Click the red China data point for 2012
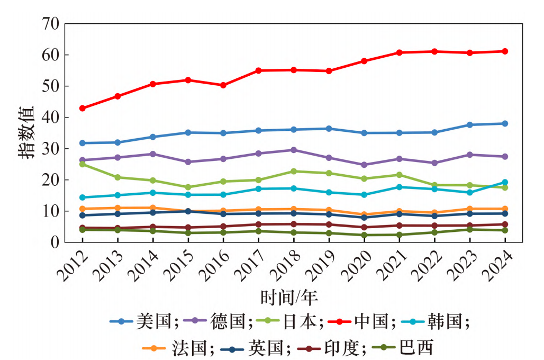coord(83,108)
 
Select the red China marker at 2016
coord(223,85)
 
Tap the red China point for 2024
coord(505,51)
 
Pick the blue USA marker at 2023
coord(469,125)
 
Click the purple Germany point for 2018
coord(294,150)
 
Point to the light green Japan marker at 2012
coord(83,164)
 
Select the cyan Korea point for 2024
coord(505,182)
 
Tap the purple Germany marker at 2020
coord(364,165)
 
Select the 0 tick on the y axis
coord(55,242)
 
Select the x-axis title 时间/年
coord(289,297)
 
